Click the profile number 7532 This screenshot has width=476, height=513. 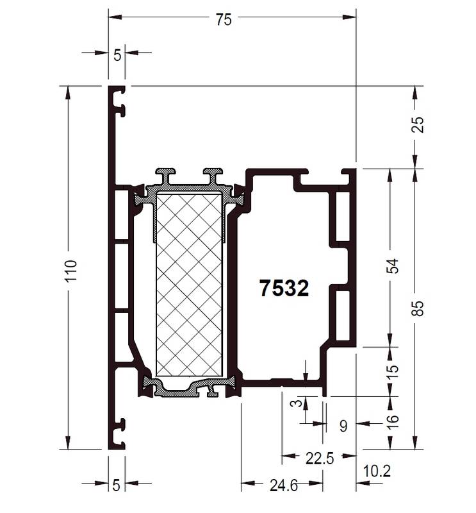pyautogui.click(x=284, y=288)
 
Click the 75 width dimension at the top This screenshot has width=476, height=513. pyautogui.click(x=224, y=20)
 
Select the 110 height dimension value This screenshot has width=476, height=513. pyautogui.click(x=70, y=271)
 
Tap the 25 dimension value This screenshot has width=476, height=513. pyautogui.click(x=418, y=124)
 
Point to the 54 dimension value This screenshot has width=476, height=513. pyautogui.click(x=393, y=266)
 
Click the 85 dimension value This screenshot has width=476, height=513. pyautogui.click(x=418, y=308)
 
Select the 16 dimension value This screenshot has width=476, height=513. pyautogui.click(x=393, y=422)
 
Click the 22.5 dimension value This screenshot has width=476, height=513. pyautogui.click(x=320, y=458)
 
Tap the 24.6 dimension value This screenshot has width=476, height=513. pyautogui.click(x=284, y=485)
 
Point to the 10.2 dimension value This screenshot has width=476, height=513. pyautogui.click(x=377, y=471)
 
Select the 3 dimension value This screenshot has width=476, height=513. pyautogui.click(x=297, y=403)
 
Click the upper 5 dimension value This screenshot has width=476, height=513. pyautogui.click(x=117, y=55)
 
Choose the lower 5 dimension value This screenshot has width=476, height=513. pyautogui.click(x=117, y=485)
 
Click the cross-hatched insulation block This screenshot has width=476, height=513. pyautogui.click(x=189, y=285)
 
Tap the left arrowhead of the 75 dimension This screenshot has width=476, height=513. pyautogui.click(x=115, y=17)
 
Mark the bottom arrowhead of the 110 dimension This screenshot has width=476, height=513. pyautogui.click(x=68, y=442)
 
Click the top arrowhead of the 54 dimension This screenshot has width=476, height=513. pyautogui.click(x=390, y=176)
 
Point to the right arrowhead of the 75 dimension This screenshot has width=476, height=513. pyautogui.click(x=349, y=17)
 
